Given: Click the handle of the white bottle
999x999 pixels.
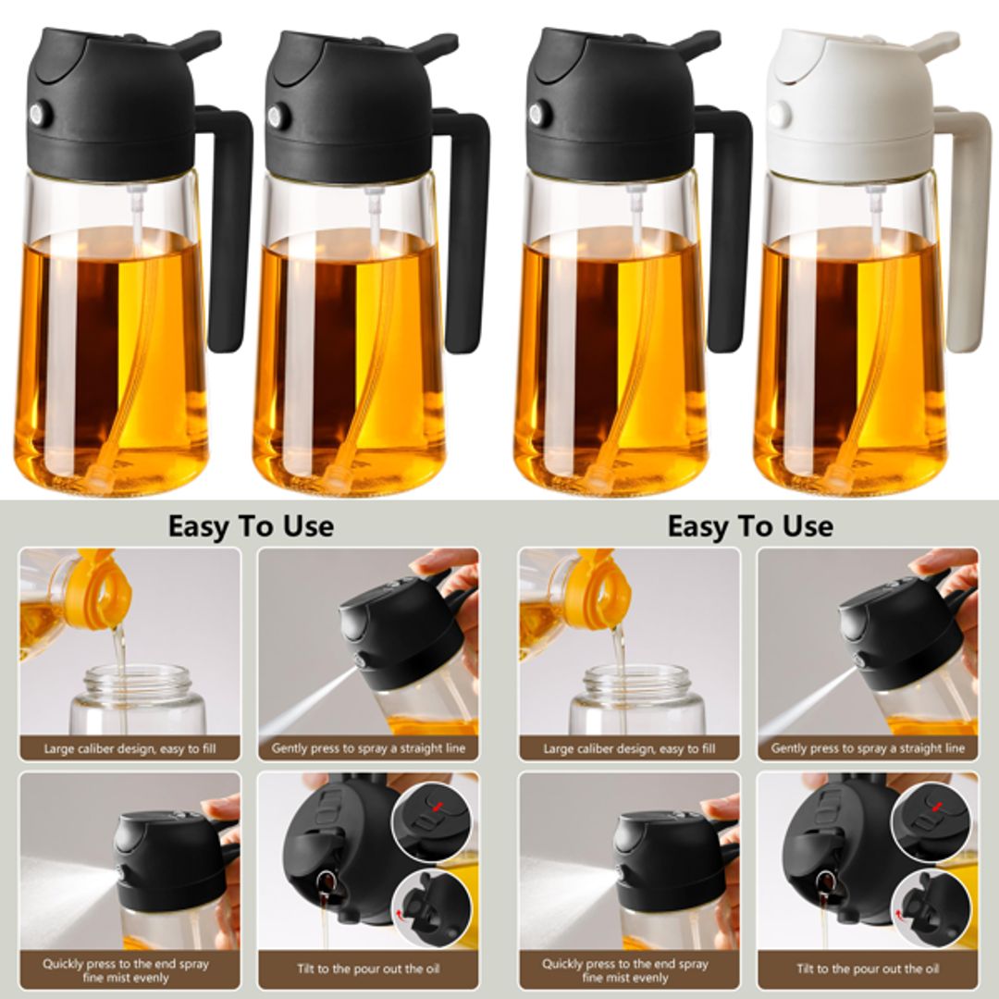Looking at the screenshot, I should tap(962, 231).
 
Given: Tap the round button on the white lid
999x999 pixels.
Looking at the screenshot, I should tap(779, 114).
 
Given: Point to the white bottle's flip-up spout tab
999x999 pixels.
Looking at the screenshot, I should tap(934, 43).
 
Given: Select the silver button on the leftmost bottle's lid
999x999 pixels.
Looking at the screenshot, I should tap(39, 115).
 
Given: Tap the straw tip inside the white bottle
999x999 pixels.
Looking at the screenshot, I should tap(836, 477).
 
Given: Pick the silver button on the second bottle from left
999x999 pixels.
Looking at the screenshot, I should tap(276, 115).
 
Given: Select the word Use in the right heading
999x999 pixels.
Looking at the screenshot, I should tap(805, 526).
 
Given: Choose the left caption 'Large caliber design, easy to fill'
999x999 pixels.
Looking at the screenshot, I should tap(129, 748).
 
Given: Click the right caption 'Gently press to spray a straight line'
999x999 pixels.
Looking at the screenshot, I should tap(868, 748).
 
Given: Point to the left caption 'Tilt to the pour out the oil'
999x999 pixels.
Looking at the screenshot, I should tap(368, 968).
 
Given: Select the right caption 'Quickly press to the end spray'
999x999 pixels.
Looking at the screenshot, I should tap(625, 963).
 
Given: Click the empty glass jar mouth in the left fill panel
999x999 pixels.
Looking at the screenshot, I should tap(137, 682).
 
